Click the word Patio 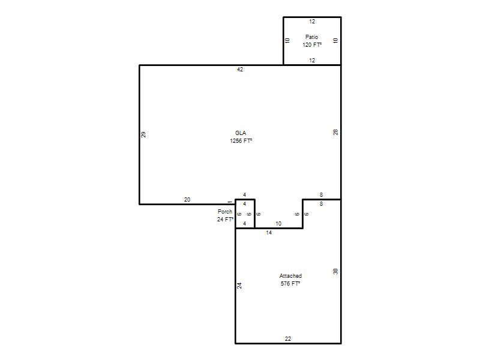pos(311,37)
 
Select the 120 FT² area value pos(312,44)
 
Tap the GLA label pos(241,133)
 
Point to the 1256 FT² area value pos(241,141)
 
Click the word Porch pos(225,212)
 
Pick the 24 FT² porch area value pos(226,220)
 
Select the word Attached pos(290,276)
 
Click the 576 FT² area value pos(290,284)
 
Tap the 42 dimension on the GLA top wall pos(240,70)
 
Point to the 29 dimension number pos(143,134)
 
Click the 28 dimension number pos(335,132)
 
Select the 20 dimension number pos(187,200)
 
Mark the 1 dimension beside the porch pos(230,202)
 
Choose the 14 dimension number pos(269,233)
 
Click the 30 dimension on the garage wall pos(335,272)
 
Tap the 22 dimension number pos(288,339)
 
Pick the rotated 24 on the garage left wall pos(239,286)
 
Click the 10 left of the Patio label pos(287,40)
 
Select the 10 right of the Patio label pos(335,40)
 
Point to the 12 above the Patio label pos(312,22)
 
